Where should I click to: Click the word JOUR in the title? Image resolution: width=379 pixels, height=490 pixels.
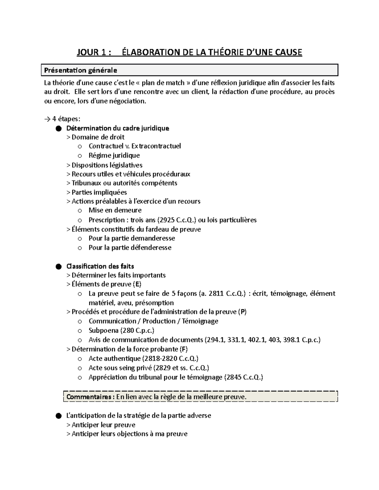[x=87, y=52]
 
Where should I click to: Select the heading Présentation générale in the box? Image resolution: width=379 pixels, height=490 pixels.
[x=81, y=70]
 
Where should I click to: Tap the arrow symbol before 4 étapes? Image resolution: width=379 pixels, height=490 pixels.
[x=47, y=119]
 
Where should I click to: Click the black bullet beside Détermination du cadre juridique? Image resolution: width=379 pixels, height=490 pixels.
[x=58, y=128]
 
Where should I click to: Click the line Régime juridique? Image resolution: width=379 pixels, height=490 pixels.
[x=114, y=155]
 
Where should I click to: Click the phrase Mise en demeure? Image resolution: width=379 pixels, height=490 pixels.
[x=115, y=210]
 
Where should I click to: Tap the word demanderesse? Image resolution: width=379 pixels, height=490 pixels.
[x=153, y=238]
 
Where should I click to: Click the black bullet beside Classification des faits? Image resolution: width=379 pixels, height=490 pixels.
[x=58, y=267]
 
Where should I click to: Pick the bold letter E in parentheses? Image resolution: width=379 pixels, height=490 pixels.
[x=137, y=284]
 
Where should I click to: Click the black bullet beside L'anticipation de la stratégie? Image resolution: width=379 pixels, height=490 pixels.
[x=58, y=416]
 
